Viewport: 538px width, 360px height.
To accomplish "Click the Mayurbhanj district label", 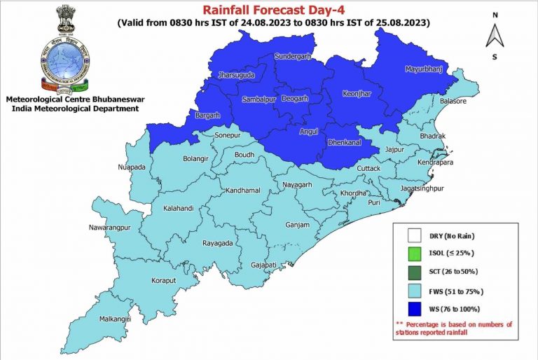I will pos(425,69).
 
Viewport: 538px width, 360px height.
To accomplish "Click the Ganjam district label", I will pos(298,225).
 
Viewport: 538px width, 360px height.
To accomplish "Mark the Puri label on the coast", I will pos(374,202).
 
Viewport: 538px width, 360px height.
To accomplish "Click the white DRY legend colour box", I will pos(415,236).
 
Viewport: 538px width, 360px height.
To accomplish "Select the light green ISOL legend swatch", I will pos(415,254).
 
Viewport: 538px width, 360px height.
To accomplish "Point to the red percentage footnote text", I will pos(453,328).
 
